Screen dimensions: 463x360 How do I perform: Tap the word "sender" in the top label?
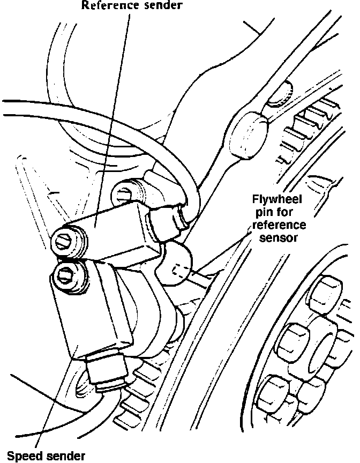tap(162, 6)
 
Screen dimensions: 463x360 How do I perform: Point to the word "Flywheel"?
tap(277, 200)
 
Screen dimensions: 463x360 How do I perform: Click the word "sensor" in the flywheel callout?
tap(277, 237)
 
